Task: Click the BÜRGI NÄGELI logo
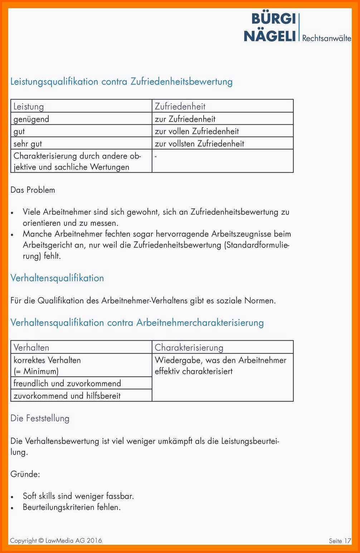click(270, 27)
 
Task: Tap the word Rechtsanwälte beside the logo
click(326, 38)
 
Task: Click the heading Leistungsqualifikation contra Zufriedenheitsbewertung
click(121, 82)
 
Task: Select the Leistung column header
click(29, 106)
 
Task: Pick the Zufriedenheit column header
click(180, 106)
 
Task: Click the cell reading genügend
click(31, 119)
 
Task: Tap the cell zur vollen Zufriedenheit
click(197, 131)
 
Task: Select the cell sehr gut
click(28, 144)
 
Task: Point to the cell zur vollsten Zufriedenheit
click(199, 144)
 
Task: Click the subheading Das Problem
click(33, 190)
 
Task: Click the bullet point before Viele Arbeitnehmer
click(12, 212)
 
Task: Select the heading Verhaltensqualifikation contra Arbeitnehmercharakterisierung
click(137, 323)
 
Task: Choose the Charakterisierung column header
click(189, 347)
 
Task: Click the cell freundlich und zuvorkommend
click(67, 383)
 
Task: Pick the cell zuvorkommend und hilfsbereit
click(67, 396)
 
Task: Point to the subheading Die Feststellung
click(40, 418)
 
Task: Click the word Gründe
click(25, 474)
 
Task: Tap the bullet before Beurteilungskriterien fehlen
click(12, 508)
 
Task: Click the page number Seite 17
click(340, 541)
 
